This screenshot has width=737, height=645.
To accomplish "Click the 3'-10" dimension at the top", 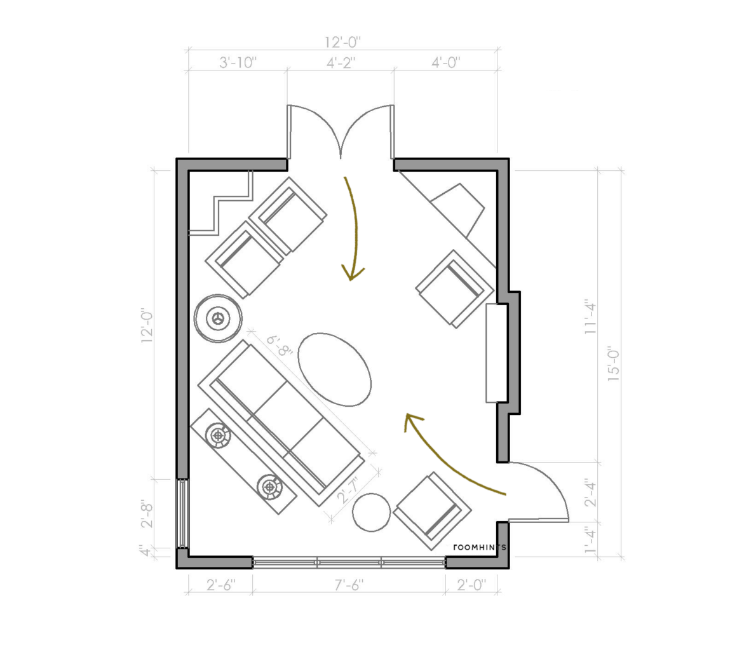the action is coord(238,62).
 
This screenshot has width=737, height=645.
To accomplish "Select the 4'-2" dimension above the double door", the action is coord(341,62).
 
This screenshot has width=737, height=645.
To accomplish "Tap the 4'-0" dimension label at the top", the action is coord(445,62).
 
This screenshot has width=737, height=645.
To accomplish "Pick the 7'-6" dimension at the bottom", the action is coord(349,585).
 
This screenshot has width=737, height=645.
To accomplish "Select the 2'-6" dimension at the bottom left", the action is coord(221,585).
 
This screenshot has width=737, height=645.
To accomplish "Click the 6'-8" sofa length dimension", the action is coord(279,346).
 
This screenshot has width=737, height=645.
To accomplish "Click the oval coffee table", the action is coord(335,369).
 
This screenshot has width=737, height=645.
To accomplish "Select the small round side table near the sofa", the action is coord(371,512).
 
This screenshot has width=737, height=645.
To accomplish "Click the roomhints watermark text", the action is coord(480,547).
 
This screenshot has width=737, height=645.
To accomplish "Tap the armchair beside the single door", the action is coord(433,511).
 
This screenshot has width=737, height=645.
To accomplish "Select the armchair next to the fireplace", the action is coord(456,289).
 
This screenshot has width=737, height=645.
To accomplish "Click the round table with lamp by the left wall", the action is coord(219,318).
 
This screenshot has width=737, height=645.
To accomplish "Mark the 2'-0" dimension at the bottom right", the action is coord(471,585).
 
